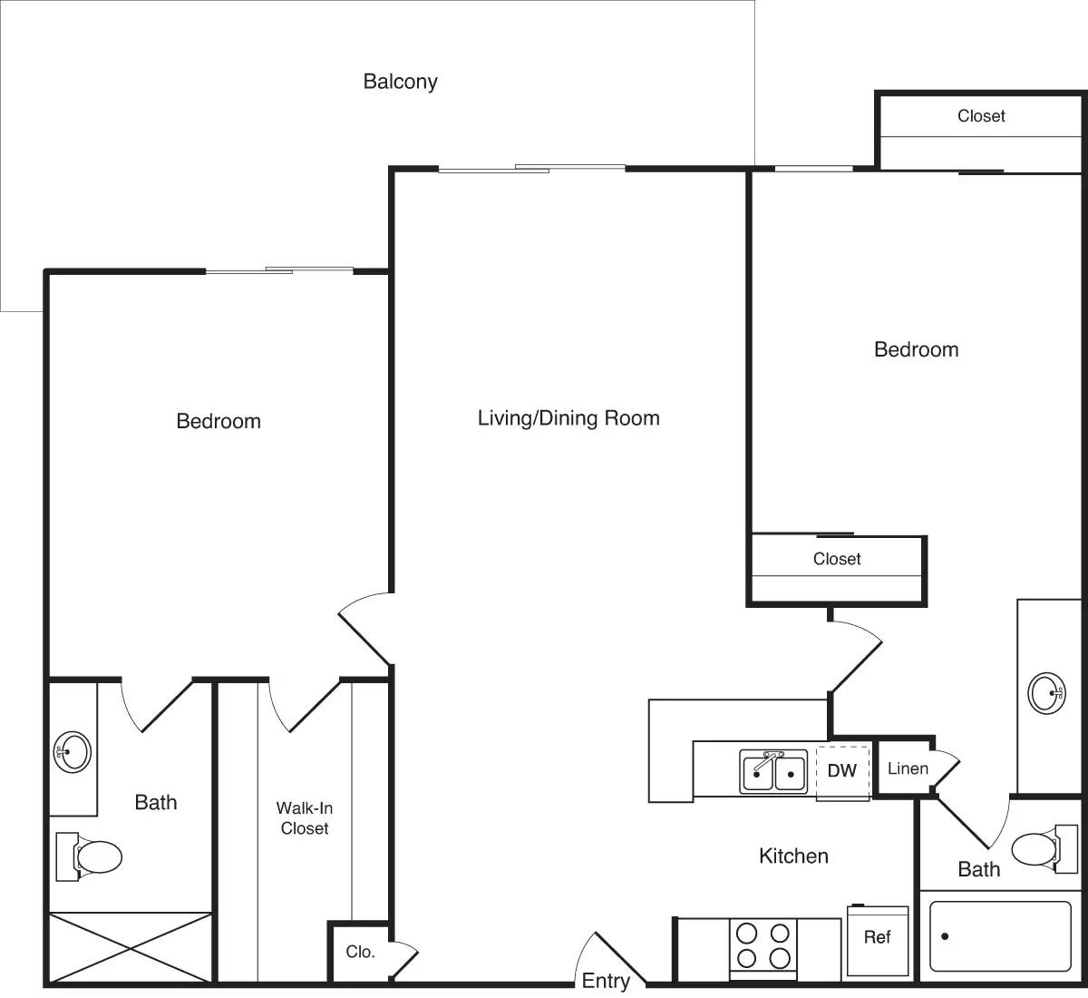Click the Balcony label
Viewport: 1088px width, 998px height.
[400, 82]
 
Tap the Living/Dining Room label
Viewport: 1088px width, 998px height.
[568, 418]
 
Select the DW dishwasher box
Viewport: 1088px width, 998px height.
[842, 771]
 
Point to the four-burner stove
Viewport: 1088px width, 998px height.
[763, 945]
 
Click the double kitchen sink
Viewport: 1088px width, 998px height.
[773, 772]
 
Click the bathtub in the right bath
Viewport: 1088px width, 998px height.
[1000, 936]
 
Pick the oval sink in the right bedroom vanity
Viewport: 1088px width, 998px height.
[1046, 694]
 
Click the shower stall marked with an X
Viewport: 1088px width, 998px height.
[131, 947]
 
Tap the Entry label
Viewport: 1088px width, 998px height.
[606, 981]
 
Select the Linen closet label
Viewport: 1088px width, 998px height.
[908, 769]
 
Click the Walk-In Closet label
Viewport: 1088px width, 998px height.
[304, 817]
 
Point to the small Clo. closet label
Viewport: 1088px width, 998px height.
[360, 953]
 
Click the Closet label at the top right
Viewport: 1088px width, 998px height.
[981, 116]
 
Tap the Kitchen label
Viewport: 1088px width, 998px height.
[793, 856]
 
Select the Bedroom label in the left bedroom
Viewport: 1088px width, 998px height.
[219, 421]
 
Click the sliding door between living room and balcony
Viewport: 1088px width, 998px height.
[532, 168]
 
